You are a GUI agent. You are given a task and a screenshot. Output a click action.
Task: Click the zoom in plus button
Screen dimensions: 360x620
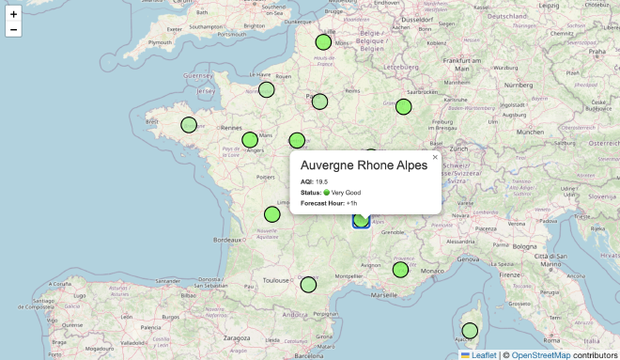[x=13, y=14]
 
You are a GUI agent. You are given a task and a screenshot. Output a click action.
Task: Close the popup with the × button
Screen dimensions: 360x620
[x=435, y=157]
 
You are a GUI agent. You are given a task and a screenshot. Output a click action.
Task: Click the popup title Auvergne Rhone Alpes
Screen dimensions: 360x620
[x=364, y=164]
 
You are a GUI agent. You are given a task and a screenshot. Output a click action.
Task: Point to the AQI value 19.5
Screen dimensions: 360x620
[x=322, y=181]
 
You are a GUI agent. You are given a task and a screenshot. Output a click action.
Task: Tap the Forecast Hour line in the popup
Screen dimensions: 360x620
[x=329, y=203]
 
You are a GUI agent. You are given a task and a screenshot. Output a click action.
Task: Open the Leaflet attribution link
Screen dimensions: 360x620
[x=484, y=354]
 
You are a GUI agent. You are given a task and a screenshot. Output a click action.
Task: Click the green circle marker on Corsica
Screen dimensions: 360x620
[x=470, y=330]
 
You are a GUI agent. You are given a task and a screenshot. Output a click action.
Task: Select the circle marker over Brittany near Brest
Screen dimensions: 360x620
[x=188, y=124]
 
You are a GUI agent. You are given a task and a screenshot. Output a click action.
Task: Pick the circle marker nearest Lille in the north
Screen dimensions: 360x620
[x=323, y=41]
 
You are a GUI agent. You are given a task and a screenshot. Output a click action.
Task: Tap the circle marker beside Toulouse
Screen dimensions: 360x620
[x=308, y=284]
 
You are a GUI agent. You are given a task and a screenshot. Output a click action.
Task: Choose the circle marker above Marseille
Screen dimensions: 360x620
[x=400, y=269]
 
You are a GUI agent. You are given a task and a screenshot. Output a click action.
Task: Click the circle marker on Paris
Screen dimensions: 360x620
[x=319, y=102]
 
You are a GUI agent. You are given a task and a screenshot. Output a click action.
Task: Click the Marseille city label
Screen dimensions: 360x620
[x=383, y=294]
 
